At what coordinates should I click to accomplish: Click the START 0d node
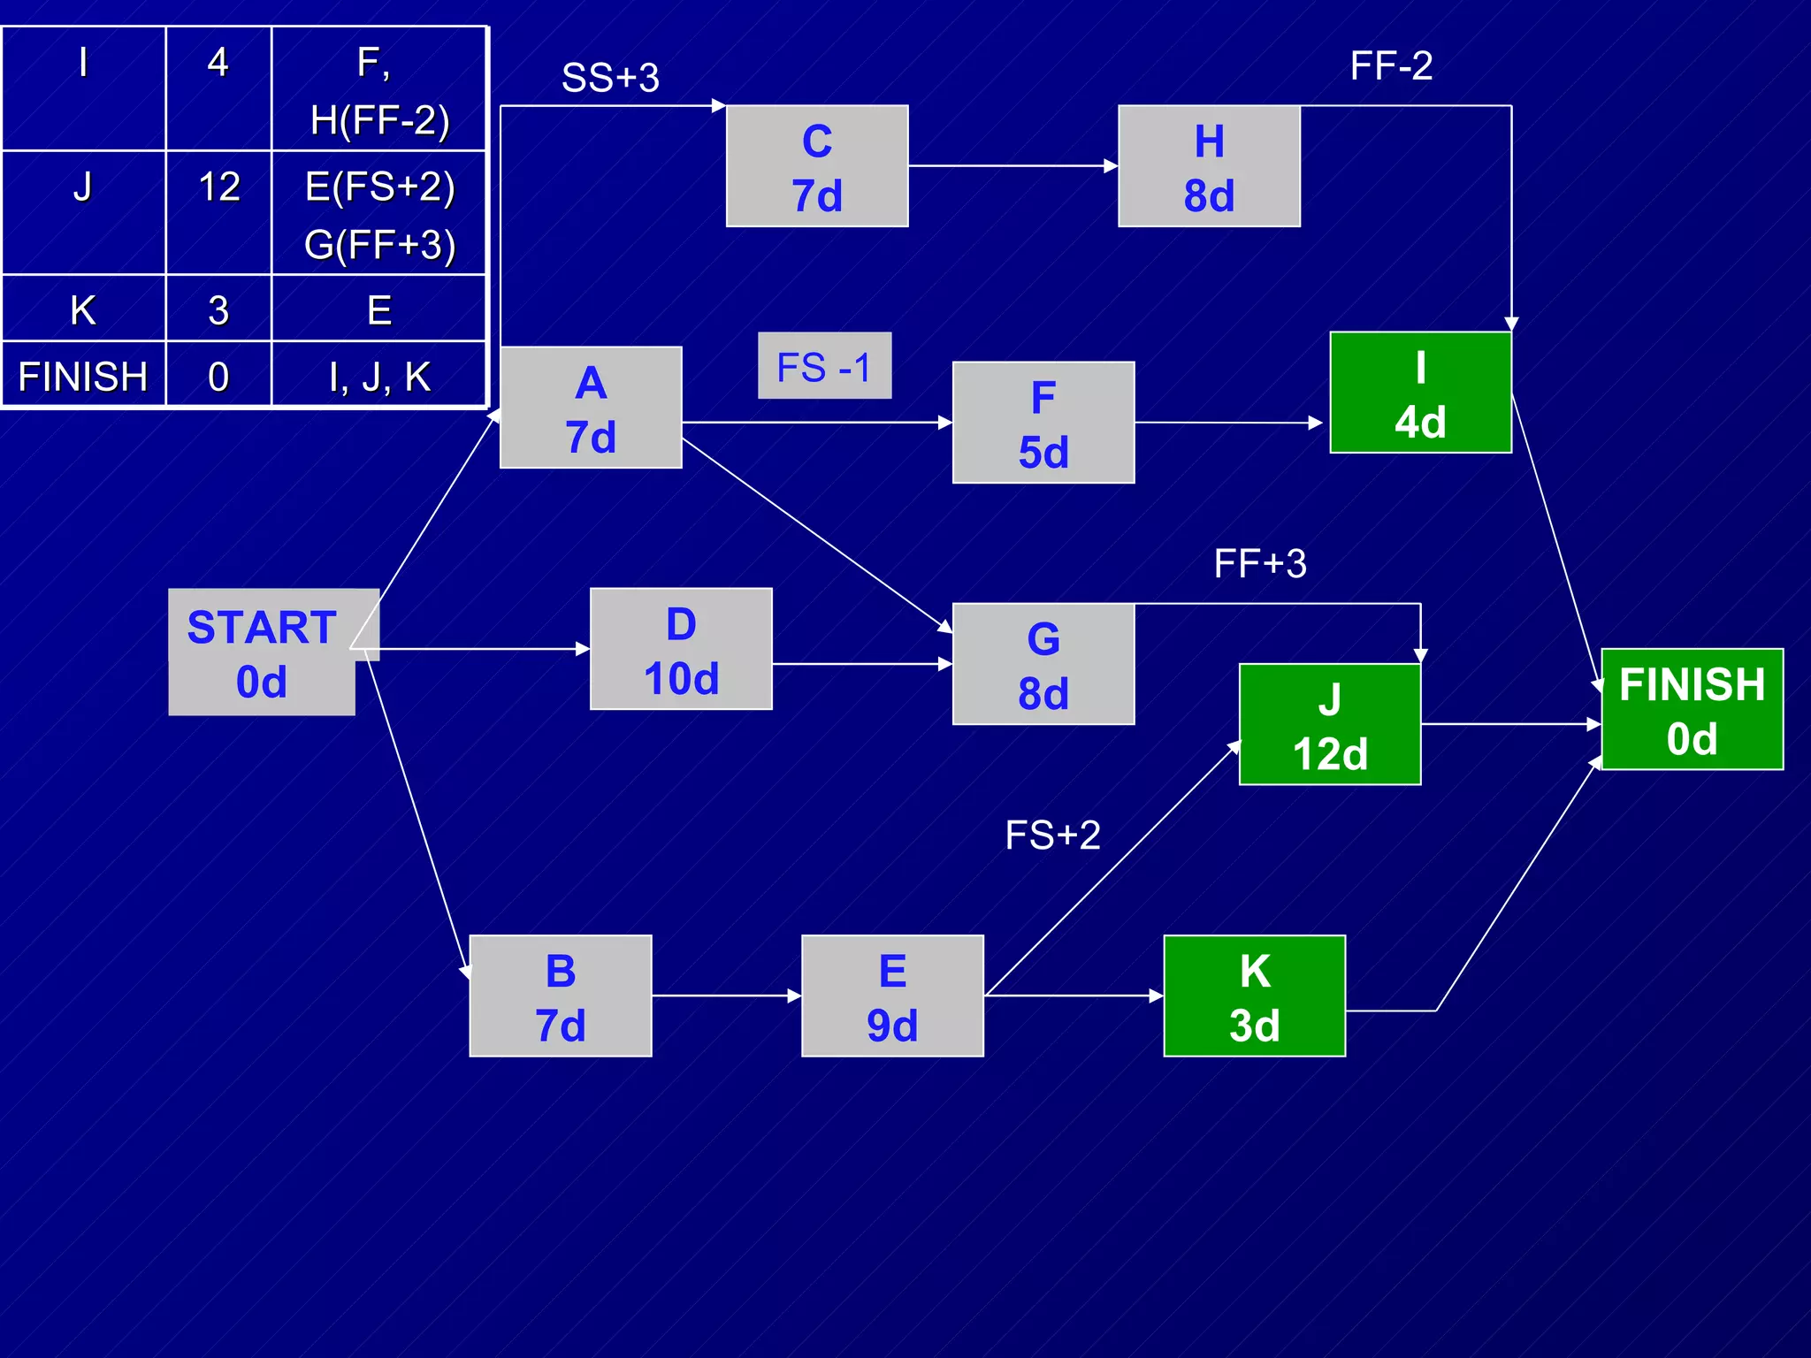click(x=263, y=653)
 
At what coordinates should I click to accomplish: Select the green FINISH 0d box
click(x=1692, y=710)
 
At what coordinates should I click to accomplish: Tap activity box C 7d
click(x=817, y=167)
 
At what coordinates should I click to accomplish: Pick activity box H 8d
click(x=1209, y=167)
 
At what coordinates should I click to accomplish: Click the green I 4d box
click(x=1420, y=393)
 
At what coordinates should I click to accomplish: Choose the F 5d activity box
click(x=1043, y=423)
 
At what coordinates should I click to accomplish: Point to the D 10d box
click(x=681, y=650)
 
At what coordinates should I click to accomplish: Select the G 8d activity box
click(x=1043, y=665)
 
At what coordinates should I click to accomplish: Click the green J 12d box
click(x=1330, y=725)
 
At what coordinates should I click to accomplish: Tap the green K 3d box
click(x=1254, y=996)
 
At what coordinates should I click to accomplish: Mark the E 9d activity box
click(x=892, y=996)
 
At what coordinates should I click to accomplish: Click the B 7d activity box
click(x=561, y=996)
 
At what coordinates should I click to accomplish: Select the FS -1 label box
click(x=824, y=367)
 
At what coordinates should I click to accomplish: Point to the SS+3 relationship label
click(x=610, y=78)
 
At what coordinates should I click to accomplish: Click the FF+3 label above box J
click(x=1260, y=563)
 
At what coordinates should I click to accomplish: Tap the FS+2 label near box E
click(x=1052, y=835)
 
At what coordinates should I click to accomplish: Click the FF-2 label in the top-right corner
click(x=1391, y=65)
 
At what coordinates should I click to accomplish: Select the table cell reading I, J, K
click(x=379, y=376)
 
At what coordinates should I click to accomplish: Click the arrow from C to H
click(x=1012, y=166)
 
